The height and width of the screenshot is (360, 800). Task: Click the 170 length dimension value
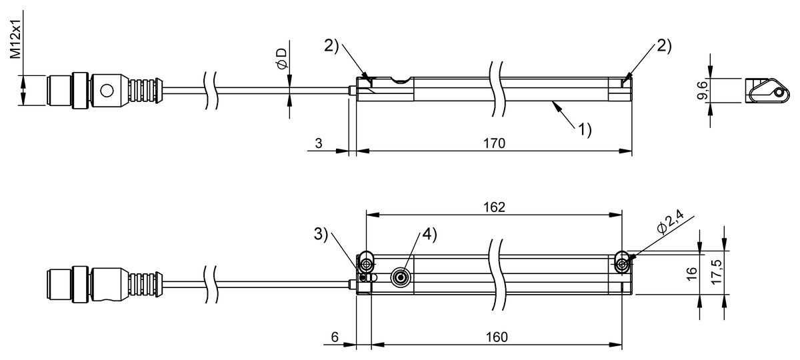494,143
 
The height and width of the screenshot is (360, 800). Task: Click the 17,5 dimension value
715,272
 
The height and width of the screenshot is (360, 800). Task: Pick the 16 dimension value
690,272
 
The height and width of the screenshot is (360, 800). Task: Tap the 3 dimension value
319,143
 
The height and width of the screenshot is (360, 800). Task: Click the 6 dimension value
334,337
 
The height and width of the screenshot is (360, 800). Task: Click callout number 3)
321,234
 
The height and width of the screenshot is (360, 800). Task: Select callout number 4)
428,234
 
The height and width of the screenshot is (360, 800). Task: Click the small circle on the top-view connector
106,89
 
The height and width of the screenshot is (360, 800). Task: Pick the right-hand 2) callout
664,46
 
